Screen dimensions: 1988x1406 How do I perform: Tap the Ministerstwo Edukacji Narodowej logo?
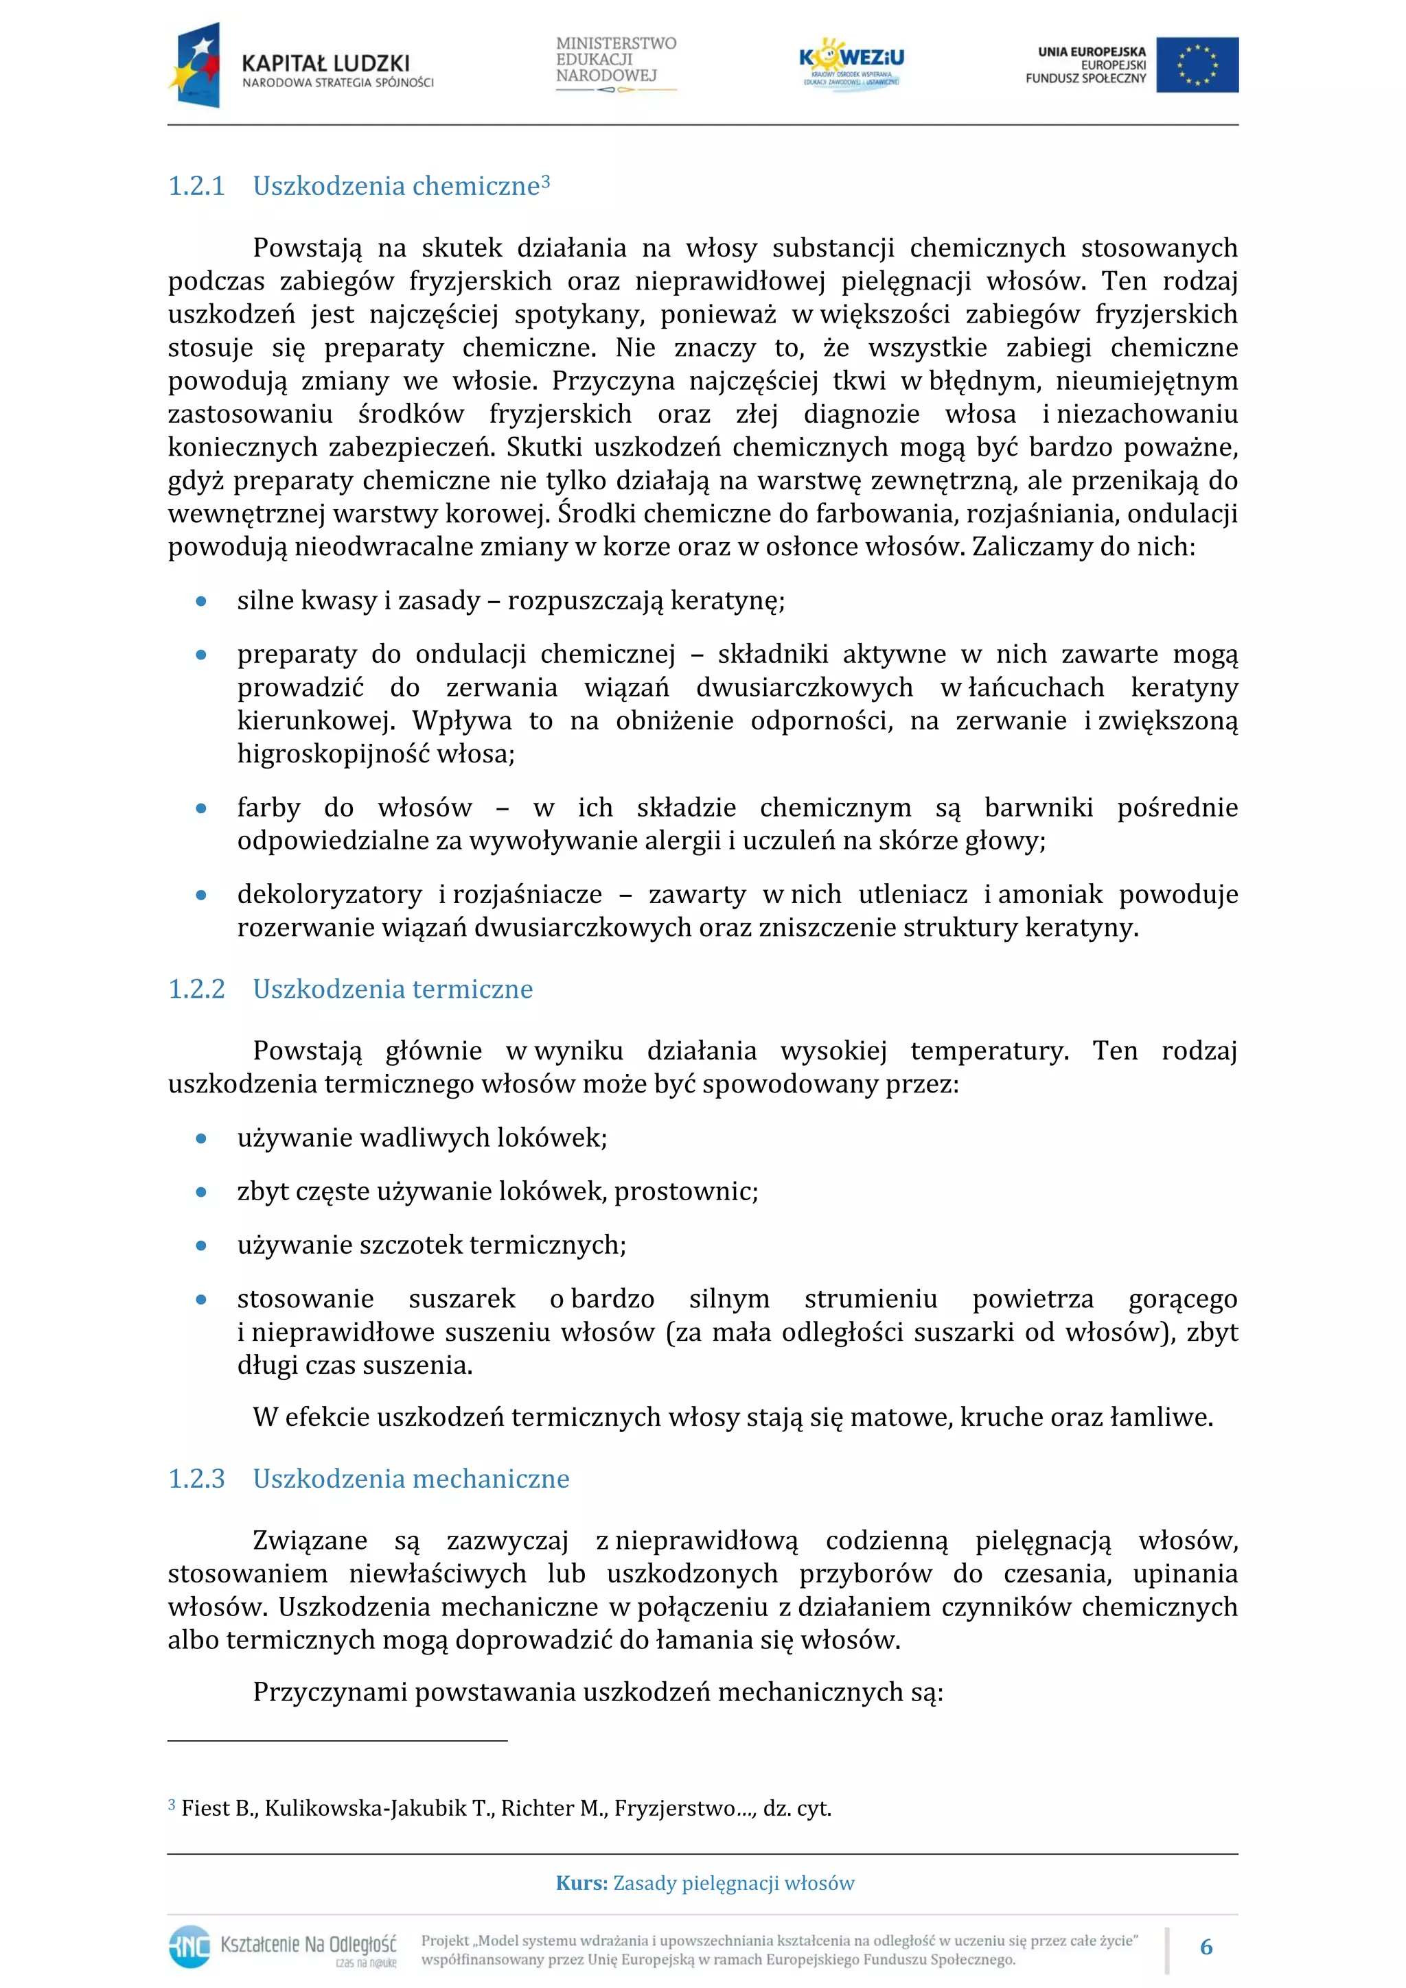(615, 63)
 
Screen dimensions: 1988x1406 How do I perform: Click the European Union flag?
(1197, 65)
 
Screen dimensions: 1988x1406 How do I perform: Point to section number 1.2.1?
(196, 186)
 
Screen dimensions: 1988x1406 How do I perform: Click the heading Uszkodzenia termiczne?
(393, 989)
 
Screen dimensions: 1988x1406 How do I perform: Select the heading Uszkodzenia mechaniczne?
(411, 1478)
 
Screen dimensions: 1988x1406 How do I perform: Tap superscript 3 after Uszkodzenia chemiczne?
(546, 181)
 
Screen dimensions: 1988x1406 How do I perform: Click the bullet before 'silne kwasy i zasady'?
(201, 601)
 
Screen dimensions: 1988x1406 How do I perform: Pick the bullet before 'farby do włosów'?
(201, 808)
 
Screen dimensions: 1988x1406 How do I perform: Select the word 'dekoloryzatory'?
(330, 893)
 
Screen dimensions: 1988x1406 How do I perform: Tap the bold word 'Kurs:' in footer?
(581, 1883)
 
